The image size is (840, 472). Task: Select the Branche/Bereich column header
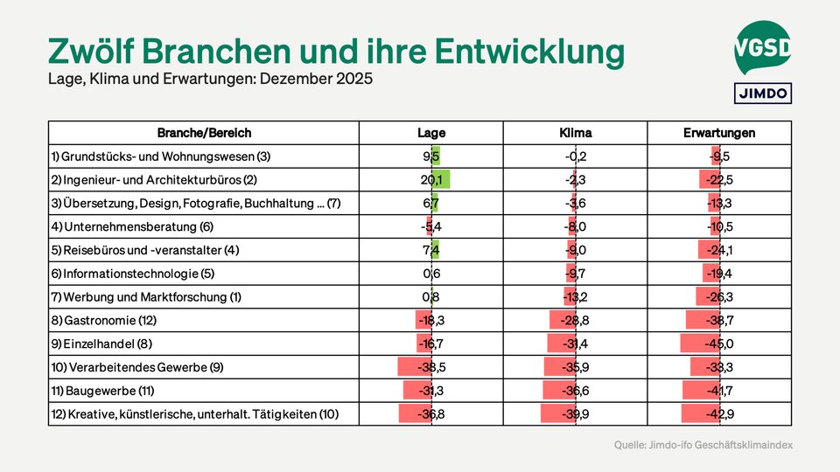(x=204, y=133)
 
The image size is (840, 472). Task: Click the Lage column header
(x=431, y=133)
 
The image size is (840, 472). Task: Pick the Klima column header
(x=575, y=133)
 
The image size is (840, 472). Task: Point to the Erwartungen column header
(x=719, y=133)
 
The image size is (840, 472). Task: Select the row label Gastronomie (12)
(x=103, y=321)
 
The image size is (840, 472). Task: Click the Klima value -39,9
(x=575, y=414)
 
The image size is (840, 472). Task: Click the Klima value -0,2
(x=575, y=156)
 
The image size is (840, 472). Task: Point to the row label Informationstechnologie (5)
(x=133, y=274)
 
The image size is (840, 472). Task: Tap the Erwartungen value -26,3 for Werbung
(x=718, y=297)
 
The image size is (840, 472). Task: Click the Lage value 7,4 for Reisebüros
(x=430, y=251)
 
